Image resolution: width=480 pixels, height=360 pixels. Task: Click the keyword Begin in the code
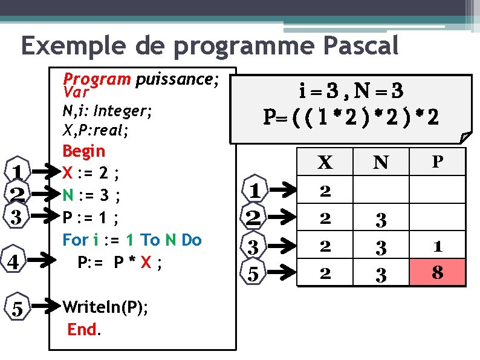coord(83,151)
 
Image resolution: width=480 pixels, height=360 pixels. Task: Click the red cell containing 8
coord(438,272)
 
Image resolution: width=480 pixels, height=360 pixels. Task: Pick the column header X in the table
coord(325,162)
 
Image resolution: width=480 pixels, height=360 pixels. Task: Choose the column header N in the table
coord(380,162)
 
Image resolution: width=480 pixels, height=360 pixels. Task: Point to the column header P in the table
coord(437,162)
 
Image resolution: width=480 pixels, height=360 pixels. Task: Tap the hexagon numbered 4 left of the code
coord(17,261)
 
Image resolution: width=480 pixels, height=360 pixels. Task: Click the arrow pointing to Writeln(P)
coord(46,308)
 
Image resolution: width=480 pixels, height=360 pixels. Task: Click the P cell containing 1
coord(438,246)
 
